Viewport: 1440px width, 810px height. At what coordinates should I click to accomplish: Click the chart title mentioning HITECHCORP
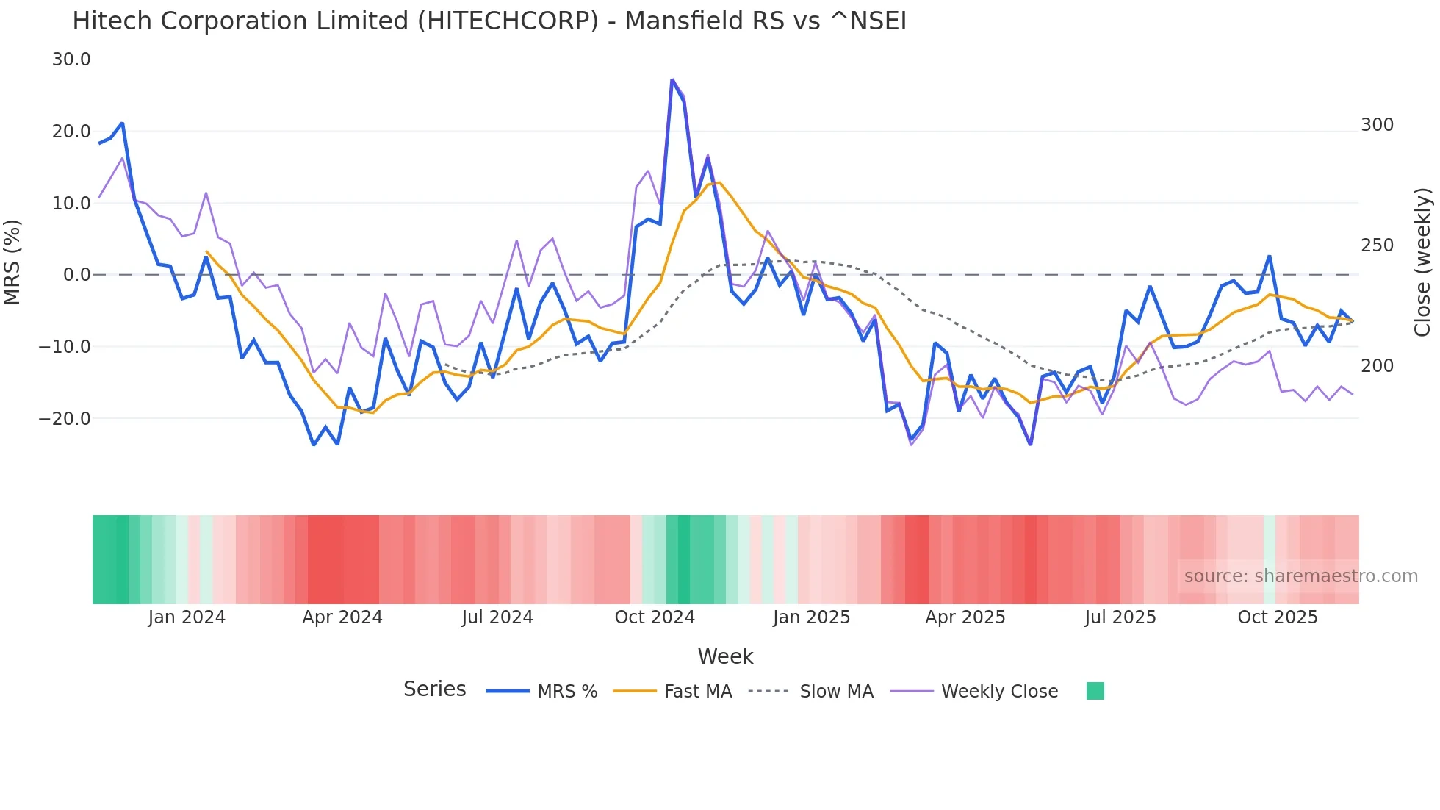(489, 21)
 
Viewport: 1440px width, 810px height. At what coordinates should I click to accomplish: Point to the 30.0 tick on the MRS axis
(71, 60)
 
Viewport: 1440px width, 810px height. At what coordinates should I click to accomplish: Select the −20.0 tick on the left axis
(65, 419)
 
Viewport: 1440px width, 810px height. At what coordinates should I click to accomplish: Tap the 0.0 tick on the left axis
(77, 275)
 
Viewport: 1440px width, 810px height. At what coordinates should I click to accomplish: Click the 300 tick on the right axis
(1377, 125)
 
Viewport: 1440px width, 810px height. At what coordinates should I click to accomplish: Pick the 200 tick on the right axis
(1377, 366)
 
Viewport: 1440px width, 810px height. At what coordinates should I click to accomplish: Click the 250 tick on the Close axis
(1377, 245)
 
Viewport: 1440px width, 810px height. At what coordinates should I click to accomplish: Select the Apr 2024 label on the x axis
(342, 617)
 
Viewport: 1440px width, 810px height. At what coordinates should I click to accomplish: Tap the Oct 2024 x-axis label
(655, 617)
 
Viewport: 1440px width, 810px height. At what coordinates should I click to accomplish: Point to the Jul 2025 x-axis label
(1120, 617)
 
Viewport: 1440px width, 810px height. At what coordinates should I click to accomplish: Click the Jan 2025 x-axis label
(811, 617)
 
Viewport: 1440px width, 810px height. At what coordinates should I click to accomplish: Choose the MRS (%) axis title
(12, 262)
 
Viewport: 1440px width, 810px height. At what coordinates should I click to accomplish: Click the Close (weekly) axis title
(1422, 262)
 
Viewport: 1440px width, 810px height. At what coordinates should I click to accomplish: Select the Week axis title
(725, 656)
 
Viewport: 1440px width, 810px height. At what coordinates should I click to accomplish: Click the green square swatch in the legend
(1095, 692)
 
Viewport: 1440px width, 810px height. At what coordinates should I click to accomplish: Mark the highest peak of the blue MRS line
(672, 79)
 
